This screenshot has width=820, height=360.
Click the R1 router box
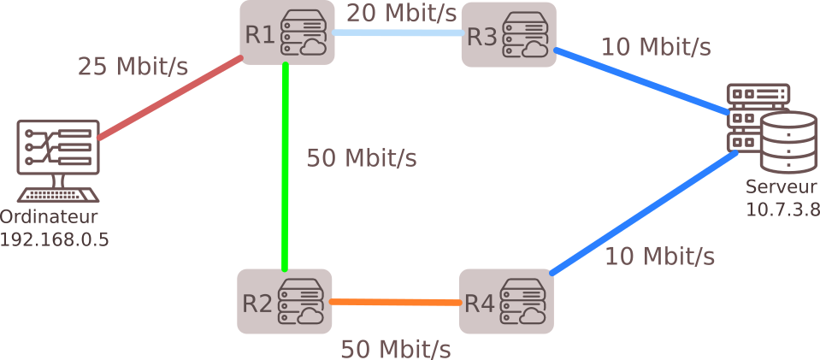pos(286,32)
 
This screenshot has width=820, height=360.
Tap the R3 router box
pos(509,34)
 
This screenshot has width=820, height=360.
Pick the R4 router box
pos(505,301)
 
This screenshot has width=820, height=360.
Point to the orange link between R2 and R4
pos(394,302)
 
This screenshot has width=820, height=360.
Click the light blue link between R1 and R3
pos(398,33)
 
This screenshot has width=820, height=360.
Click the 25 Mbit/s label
pos(133,66)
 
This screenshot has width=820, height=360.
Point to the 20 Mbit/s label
pos(402,13)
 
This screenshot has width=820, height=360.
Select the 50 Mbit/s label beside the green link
pos(362,158)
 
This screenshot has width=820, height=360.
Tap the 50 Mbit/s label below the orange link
pos(396,348)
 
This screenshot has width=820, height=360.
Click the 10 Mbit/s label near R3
pos(656,46)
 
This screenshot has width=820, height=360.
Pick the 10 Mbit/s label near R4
pos(660,256)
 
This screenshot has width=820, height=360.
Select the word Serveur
pos(782,186)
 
